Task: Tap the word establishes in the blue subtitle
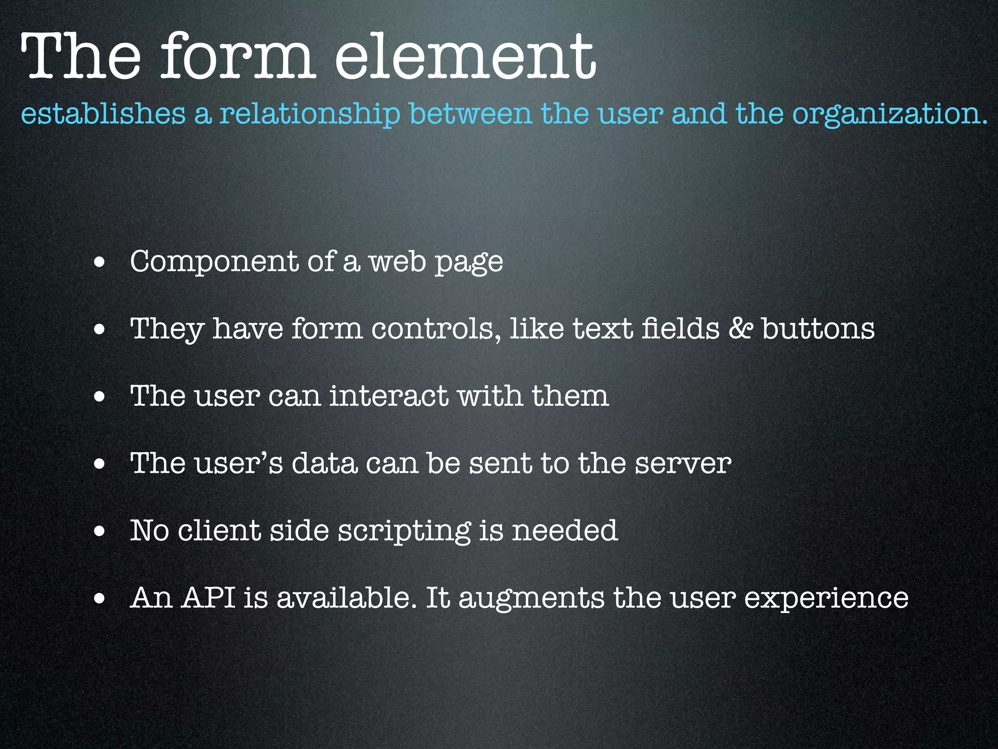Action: pyautogui.click(x=103, y=114)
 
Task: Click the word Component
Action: pyautogui.click(x=214, y=262)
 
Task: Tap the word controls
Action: pyautogui.click(x=436, y=328)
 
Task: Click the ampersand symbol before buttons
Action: pyautogui.click(x=740, y=328)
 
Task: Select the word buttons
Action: pyautogui.click(x=818, y=328)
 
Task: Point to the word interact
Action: pyautogui.click(x=389, y=395)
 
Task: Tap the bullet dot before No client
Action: pyautogui.click(x=99, y=532)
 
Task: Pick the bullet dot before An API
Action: pyautogui.click(x=99, y=599)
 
